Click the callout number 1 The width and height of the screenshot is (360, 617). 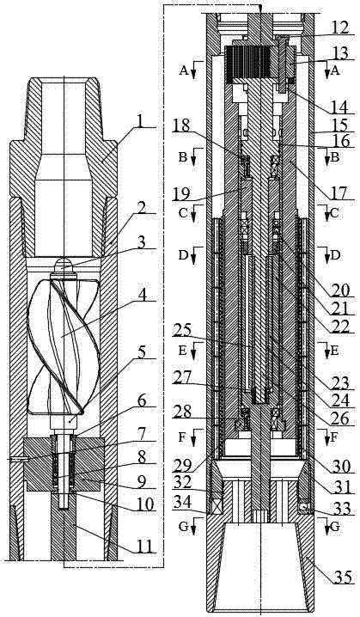(140, 122)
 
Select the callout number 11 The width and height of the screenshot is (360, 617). (145, 546)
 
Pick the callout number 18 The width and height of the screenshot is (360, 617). (181, 126)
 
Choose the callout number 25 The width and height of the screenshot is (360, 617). (181, 329)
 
